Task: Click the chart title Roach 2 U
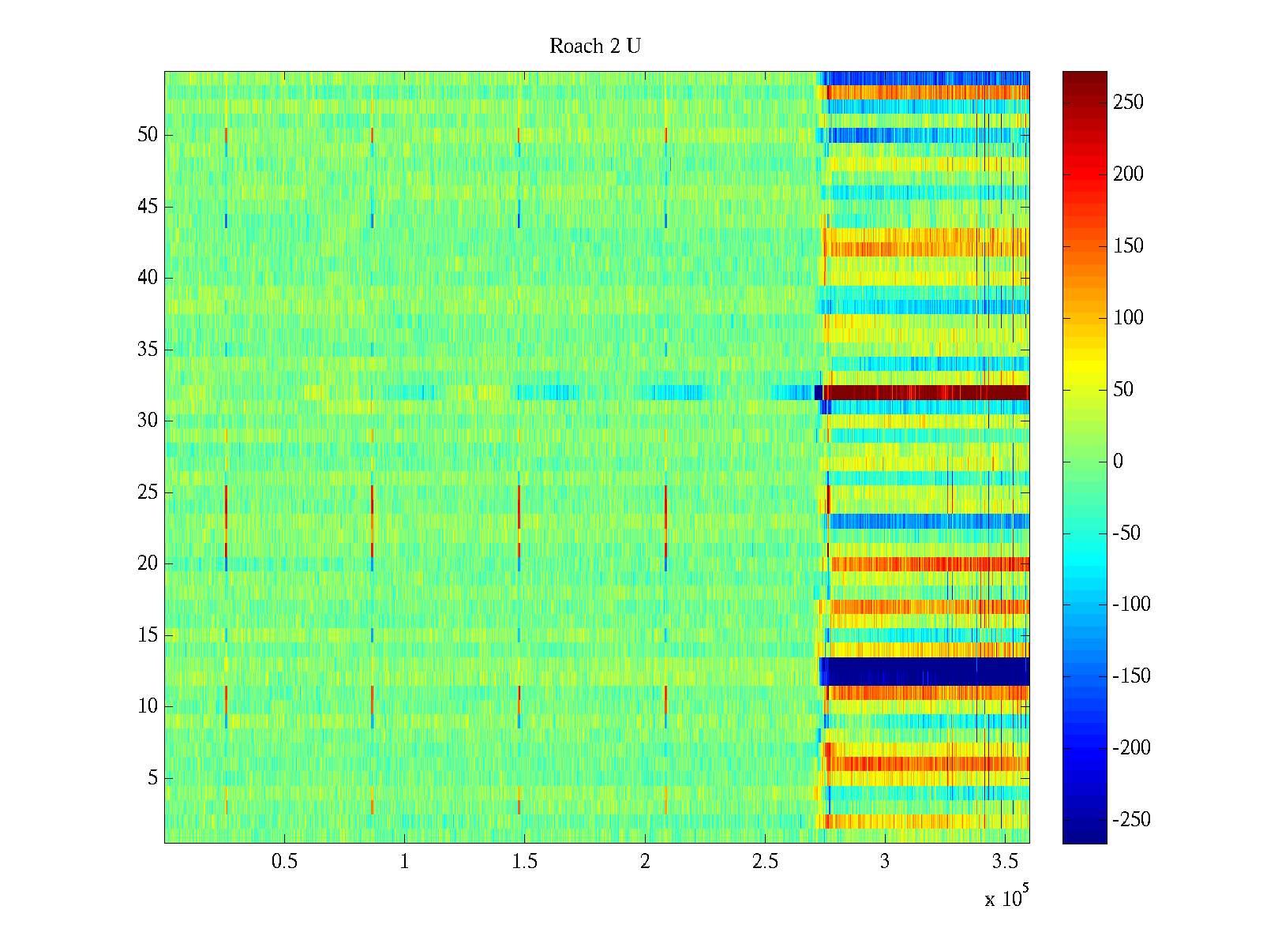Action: [594, 47]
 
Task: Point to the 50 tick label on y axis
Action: [148, 135]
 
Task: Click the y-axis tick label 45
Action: [148, 207]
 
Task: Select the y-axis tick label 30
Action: [148, 421]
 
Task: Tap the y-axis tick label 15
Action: [148, 635]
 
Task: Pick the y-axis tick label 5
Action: [152, 778]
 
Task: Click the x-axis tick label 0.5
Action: [284, 862]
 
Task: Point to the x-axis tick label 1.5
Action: [524, 862]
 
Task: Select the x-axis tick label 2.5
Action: [764, 862]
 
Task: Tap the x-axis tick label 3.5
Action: [1004, 862]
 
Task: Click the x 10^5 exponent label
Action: [1006, 897]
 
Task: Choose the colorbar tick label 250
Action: [1128, 103]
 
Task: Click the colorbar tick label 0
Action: [1118, 461]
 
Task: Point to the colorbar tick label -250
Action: [1131, 820]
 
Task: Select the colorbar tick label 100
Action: [1128, 318]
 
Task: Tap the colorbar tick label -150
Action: [1131, 676]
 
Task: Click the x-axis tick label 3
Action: [884, 862]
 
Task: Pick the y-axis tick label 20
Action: [148, 563]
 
